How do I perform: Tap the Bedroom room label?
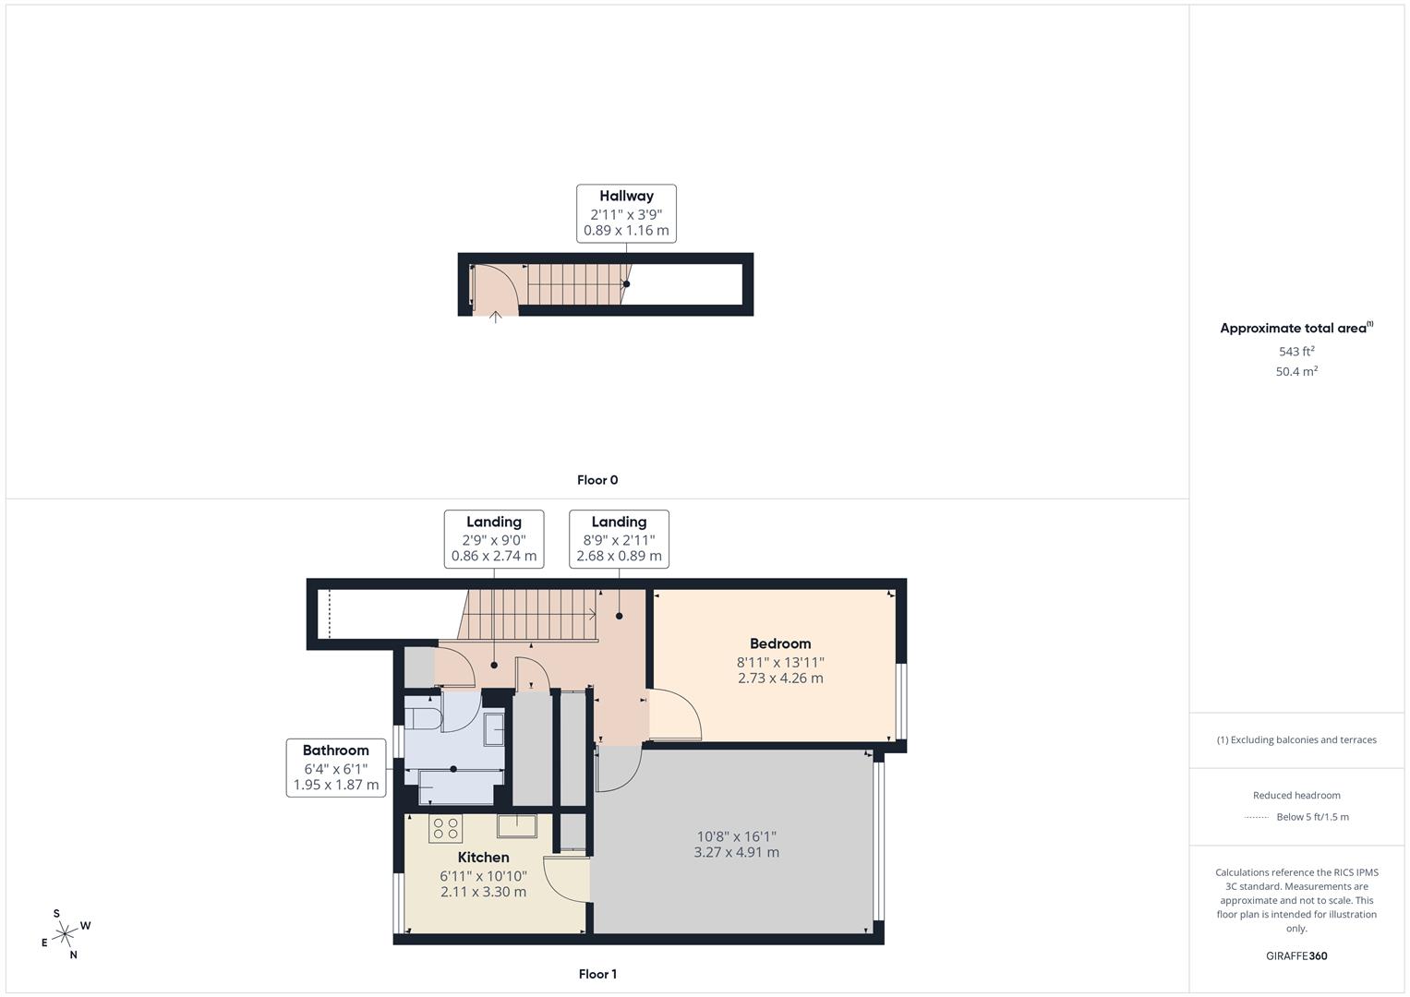click(x=780, y=644)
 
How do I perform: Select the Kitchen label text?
click(x=483, y=858)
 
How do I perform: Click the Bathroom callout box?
click(x=336, y=767)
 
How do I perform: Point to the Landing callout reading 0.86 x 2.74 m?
click(x=493, y=539)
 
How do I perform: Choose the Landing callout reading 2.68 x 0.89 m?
click(x=619, y=539)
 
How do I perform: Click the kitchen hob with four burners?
click(x=446, y=828)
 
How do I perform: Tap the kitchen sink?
click(x=516, y=824)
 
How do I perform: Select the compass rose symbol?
click(x=64, y=935)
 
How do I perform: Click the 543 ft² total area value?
click(x=1296, y=352)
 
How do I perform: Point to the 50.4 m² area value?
click(x=1296, y=371)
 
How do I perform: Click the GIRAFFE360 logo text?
click(x=1296, y=956)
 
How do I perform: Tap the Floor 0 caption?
click(x=597, y=480)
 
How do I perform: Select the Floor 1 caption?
click(x=597, y=974)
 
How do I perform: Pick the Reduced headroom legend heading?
click(x=1296, y=796)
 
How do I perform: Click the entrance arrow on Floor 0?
click(x=495, y=318)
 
